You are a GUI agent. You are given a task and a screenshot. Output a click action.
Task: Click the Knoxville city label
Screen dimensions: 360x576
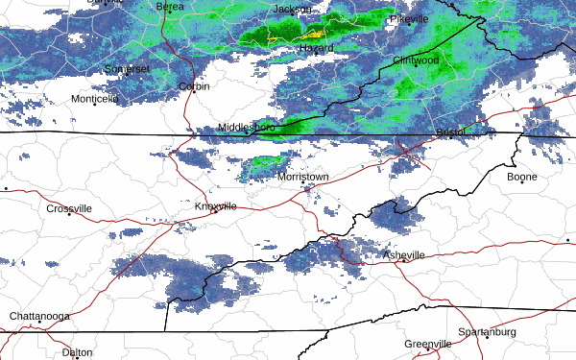point(216,206)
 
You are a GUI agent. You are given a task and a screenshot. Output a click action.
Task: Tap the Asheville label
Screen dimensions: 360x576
point(403,254)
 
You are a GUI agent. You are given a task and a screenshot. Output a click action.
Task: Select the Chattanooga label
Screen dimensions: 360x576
point(39,316)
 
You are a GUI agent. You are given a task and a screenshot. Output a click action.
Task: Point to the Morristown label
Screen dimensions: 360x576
point(302,178)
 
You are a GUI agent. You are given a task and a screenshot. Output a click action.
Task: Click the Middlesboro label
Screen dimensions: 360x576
point(247,127)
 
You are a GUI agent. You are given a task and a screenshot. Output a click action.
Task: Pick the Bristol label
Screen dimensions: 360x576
point(450,131)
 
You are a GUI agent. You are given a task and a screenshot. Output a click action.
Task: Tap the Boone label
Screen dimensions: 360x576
point(522,177)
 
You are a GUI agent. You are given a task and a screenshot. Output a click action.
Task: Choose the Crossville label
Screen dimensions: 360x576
point(69,208)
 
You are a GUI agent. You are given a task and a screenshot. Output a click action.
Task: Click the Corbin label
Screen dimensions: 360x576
point(194,86)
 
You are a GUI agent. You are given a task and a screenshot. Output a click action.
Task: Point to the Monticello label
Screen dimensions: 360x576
point(94,98)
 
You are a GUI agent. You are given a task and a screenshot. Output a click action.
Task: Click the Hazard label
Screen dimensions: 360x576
point(316,48)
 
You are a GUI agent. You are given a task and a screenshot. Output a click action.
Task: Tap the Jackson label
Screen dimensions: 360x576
point(293,9)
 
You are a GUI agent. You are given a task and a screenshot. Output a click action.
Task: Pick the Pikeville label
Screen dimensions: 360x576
point(415,19)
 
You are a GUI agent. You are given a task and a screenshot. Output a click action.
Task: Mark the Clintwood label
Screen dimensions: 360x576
point(415,60)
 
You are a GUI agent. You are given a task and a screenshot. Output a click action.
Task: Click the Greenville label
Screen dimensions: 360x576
point(427,344)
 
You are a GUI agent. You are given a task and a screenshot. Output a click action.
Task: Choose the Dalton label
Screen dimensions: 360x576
point(77,352)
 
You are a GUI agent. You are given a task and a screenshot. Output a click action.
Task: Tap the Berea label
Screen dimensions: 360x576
point(170,6)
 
